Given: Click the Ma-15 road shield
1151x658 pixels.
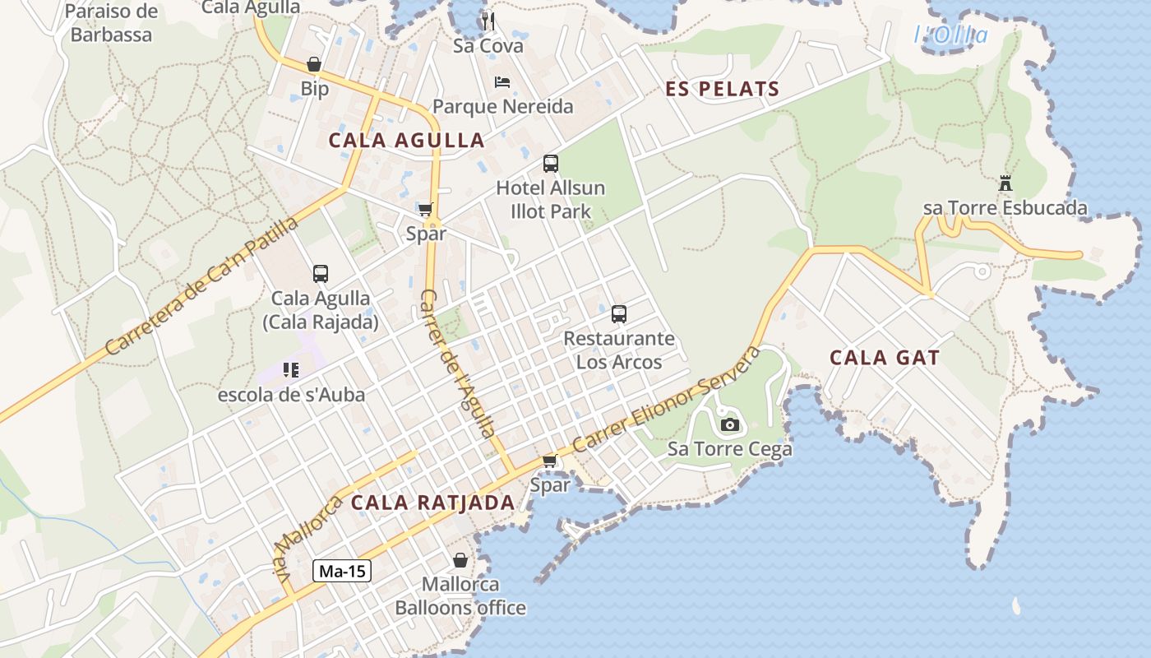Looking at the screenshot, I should pyautogui.click(x=342, y=571).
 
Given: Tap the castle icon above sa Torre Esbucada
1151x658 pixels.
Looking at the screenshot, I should pyautogui.click(x=1005, y=183).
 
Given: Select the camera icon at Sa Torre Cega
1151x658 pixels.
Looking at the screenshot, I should pyautogui.click(x=729, y=424).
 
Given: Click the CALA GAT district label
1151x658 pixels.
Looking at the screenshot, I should pyautogui.click(x=885, y=358).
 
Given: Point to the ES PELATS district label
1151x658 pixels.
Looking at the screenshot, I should pyautogui.click(x=722, y=90).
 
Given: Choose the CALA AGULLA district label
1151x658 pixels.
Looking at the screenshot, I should pyautogui.click(x=407, y=140).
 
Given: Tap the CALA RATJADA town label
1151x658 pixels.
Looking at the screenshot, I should pyautogui.click(x=433, y=503).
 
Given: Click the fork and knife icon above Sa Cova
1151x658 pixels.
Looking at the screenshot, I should pyautogui.click(x=488, y=21).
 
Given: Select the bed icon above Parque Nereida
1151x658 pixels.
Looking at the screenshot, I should pyautogui.click(x=502, y=81).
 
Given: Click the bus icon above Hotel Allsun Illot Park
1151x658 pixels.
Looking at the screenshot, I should pyautogui.click(x=550, y=164).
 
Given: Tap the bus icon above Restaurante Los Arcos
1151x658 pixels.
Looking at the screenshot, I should pyautogui.click(x=619, y=313).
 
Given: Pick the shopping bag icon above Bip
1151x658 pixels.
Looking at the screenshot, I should pyautogui.click(x=314, y=64).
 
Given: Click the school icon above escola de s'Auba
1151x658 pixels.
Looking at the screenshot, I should pyautogui.click(x=290, y=370).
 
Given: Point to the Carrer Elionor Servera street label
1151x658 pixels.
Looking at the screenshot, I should pyautogui.click(x=667, y=399).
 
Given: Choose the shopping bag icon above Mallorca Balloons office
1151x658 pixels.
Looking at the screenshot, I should pyautogui.click(x=460, y=560).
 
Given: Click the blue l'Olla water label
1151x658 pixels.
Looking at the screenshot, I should pyautogui.click(x=951, y=35).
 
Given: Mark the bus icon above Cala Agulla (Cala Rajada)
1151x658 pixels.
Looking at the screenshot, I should pyautogui.click(x=321, y=273).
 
